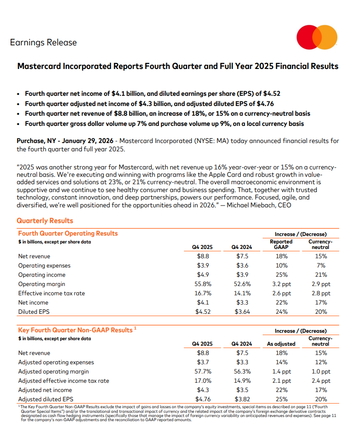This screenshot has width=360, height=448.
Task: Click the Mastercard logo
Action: (x=317, y=37)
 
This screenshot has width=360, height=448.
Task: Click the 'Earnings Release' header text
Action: (x=43, y=43)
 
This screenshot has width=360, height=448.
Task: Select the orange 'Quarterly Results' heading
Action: (x=45, y=221)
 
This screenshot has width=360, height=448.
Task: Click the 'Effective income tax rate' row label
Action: (x=51, y=293)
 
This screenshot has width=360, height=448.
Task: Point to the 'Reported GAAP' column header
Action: (x=281, y=244)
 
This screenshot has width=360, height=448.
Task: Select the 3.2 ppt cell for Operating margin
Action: (x=281, y=284)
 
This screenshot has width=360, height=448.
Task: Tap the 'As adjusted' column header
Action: (x=281, y=344)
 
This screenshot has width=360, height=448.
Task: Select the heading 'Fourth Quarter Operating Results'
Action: (x=68, y=233)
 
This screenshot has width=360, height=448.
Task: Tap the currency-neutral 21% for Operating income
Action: (x=321, y=274)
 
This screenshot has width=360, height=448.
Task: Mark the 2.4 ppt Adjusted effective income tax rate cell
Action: (x=321, y=380)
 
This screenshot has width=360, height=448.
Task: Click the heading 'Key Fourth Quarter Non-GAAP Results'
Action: (x=75, y=330)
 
